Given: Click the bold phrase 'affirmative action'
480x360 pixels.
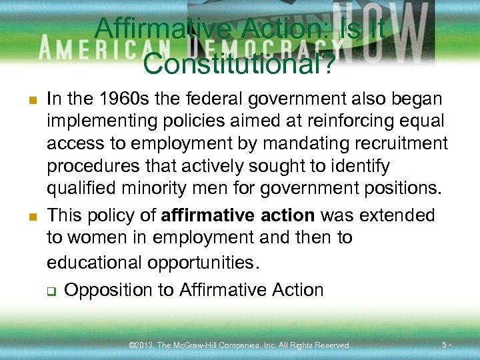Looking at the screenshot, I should point(238,215).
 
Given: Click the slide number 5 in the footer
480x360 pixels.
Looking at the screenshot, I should point(445,345).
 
